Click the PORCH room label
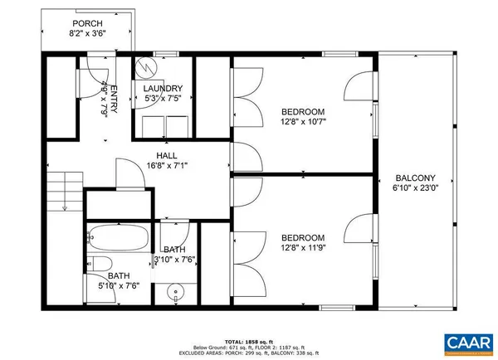coord(87,23)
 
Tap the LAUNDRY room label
coord(163,89)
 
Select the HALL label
coord(167,155)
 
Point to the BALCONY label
coord(416,178)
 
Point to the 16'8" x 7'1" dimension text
coord(167,166)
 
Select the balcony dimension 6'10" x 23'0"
coord(416,188)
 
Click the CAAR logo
coord(469,342)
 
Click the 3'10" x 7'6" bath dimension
coord(175,260)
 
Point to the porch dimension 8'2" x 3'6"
coord(87,34)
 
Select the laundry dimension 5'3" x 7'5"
coord(163,99)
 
